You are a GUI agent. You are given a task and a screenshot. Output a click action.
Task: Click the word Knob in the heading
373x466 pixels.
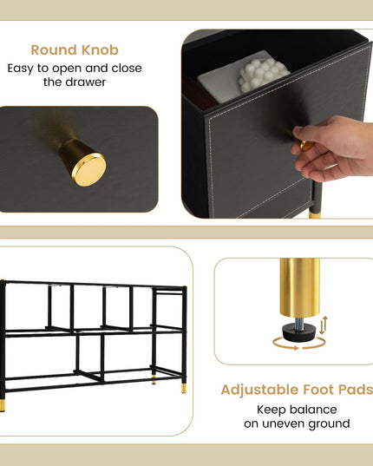(x=100, y=50)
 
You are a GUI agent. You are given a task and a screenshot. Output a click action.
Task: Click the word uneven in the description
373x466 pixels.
(x=283, y=423)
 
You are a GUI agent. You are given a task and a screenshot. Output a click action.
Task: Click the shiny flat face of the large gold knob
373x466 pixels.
(x=88, y=170)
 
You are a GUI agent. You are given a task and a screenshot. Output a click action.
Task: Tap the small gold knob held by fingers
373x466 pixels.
(x=306, y=145)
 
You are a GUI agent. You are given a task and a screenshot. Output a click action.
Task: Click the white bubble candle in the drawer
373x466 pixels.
(x=263, y=75)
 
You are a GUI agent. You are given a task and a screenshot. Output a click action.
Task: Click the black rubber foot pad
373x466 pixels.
(x=298, y=332)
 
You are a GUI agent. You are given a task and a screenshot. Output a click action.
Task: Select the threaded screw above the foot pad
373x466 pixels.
(x=299, y=325)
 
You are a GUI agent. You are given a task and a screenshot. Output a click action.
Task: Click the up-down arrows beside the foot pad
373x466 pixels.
(x=324, y=325)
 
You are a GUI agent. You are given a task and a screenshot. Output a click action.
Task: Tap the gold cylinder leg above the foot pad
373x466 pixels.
(x=300, y=288)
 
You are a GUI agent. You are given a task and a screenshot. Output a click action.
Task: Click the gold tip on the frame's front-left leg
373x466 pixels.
(x=3, y=405)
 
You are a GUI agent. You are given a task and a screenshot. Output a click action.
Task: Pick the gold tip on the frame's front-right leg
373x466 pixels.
(x=184, y=388)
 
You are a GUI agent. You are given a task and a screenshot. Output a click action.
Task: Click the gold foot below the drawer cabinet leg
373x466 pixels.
(x=315, y=214)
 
